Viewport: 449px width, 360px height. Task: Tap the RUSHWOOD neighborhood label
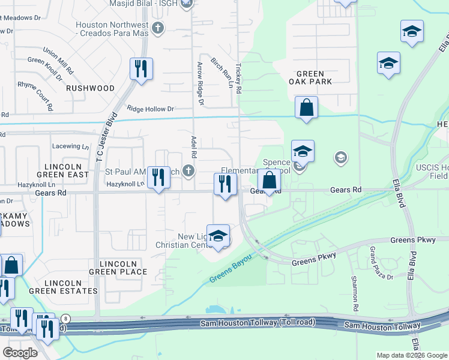(90, 88)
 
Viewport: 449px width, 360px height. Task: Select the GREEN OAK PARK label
(310, 77)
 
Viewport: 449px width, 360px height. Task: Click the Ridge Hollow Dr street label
(150, 109)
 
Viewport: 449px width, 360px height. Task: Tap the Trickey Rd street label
(238, 79)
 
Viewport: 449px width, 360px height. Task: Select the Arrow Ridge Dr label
(200, 81)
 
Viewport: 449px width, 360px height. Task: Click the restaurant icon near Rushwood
(141, 69)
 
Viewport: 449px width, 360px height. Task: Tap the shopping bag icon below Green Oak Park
(306, 108)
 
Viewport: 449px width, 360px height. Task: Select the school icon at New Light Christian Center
(218, 236)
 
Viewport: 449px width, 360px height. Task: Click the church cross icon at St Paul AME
(189, 172)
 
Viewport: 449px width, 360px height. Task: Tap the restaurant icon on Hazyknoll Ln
(158, 178)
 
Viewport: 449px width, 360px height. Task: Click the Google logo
(20, 353)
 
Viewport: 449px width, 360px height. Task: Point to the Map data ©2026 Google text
(412, 355)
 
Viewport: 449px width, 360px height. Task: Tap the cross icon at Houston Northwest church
(158, 28)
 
